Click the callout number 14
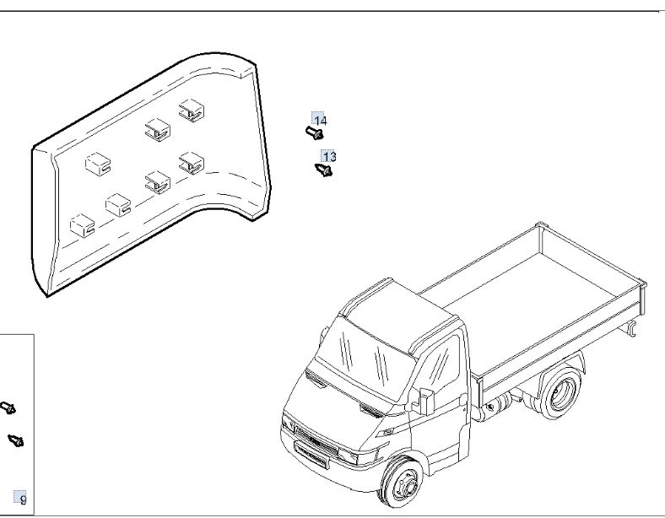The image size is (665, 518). point(320,121)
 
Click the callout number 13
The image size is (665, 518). point(329,156)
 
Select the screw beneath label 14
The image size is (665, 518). point(315,132)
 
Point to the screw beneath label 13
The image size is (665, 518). point(323,170)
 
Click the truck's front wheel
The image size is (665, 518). point(401,482)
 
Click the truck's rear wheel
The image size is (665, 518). point(561,393)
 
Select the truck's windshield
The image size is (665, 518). point(364,360)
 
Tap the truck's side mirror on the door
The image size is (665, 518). point(425,401)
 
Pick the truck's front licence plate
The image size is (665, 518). point(311,455)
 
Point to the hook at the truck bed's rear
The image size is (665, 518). point(631,329)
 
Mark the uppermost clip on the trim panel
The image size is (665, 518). point(192,111)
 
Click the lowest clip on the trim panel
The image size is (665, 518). point(82,225)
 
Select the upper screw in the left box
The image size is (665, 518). point(8,408)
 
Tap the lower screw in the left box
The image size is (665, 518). point(16,440)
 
